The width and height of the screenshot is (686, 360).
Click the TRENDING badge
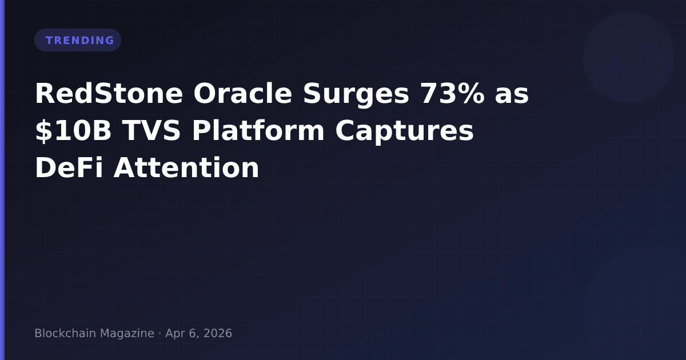pos(78,40)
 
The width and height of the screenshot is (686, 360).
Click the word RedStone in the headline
pos(109,93)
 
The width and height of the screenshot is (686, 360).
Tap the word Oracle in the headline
pos(242,93)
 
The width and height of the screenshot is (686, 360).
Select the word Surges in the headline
pos(356,95)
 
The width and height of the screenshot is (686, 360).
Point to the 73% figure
pos(452,93)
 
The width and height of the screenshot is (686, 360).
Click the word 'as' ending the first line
pos(512,96)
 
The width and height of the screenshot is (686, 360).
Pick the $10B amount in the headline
pos(73,131)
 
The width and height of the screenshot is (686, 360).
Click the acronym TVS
pos(151,131)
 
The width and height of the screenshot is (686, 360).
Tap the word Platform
pos(258,130)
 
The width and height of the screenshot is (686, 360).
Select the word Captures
pos(405,132)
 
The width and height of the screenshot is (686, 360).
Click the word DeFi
pos(69,167)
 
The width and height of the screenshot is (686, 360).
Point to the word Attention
pos(186,167)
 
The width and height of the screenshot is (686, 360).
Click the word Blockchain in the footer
pos(66,333)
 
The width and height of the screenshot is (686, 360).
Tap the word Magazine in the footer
pos(127,334)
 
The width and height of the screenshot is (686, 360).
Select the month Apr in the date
pos(175,334)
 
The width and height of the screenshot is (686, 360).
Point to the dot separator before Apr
pos(160,334)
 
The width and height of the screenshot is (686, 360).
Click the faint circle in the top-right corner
pos(629,57)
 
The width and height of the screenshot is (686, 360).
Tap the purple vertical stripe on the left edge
pos(2,180)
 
